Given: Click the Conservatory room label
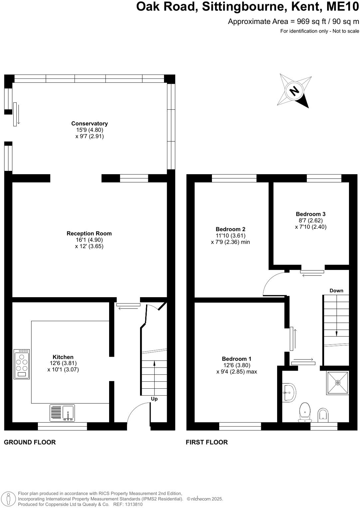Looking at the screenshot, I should pyautogui.click(x=90, y=124).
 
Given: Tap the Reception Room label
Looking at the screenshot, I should pyautogui.click(x=89, y=234).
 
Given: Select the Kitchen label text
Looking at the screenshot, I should pyautogui.click(x=63, y=357).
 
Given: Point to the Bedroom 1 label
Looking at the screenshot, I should pyautogui.click(x=237, y=359).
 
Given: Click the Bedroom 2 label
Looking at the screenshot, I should pyautogui.click(x=230, y=229).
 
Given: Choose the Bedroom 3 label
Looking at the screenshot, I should pyautogui.click(x=310, y=214).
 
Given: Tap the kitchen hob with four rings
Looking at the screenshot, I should pyautogui.click(x=22, y=364).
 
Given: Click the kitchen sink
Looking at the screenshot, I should pyautogui.click(x=62, y=413).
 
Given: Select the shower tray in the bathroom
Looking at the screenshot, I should pyautogui.click(x=337, y=383).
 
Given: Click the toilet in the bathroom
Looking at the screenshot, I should pyautogui.click(x=305, y=412).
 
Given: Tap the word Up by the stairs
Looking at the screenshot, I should pyautogui.click(x=154, y=399).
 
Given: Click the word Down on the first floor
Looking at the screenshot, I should pyautogui.click(x=336, y=291).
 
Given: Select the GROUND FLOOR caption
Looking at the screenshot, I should pyautogui.click(x=30, y=442).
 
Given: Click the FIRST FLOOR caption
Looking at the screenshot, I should pyautogui.click(x=207, y=442).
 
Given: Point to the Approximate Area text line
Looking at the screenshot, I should pyautogui.click(x=293, y=22).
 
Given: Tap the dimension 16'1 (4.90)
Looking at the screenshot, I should pyautogui.click(x=89, y=240).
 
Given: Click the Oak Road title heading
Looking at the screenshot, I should pyautogui.click(x=248, y=7).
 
